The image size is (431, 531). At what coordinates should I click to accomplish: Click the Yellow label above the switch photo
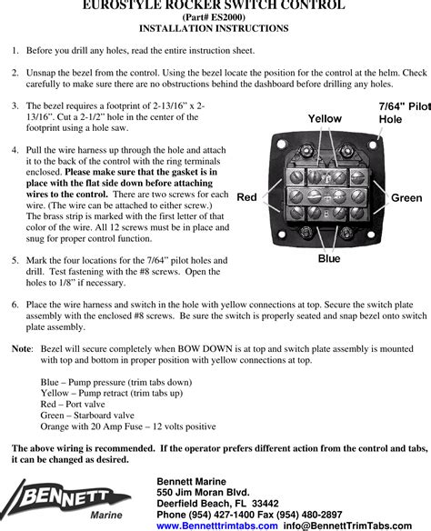point(325,119)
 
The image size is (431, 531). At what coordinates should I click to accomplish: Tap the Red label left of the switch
point(246,197)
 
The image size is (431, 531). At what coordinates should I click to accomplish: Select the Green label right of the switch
point(406,198)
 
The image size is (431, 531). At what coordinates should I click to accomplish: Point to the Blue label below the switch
point(329,258)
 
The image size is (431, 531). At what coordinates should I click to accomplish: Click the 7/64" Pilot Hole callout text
point(405,113)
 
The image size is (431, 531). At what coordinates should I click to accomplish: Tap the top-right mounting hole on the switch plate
point(373,145)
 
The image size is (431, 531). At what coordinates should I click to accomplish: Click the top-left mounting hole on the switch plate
point(281,145)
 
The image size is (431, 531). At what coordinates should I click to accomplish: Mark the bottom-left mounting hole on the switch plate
point(281,234)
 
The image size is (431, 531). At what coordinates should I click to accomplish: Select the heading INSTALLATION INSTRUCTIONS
point(214,28)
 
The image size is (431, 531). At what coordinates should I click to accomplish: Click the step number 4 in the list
point(15,150)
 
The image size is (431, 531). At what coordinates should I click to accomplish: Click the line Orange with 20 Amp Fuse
point(128,426)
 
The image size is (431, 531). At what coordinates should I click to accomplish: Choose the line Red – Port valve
point(73,404)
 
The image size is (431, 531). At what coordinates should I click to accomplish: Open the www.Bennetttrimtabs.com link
point(217,526)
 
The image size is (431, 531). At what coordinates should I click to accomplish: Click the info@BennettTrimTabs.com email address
point(347,526)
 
